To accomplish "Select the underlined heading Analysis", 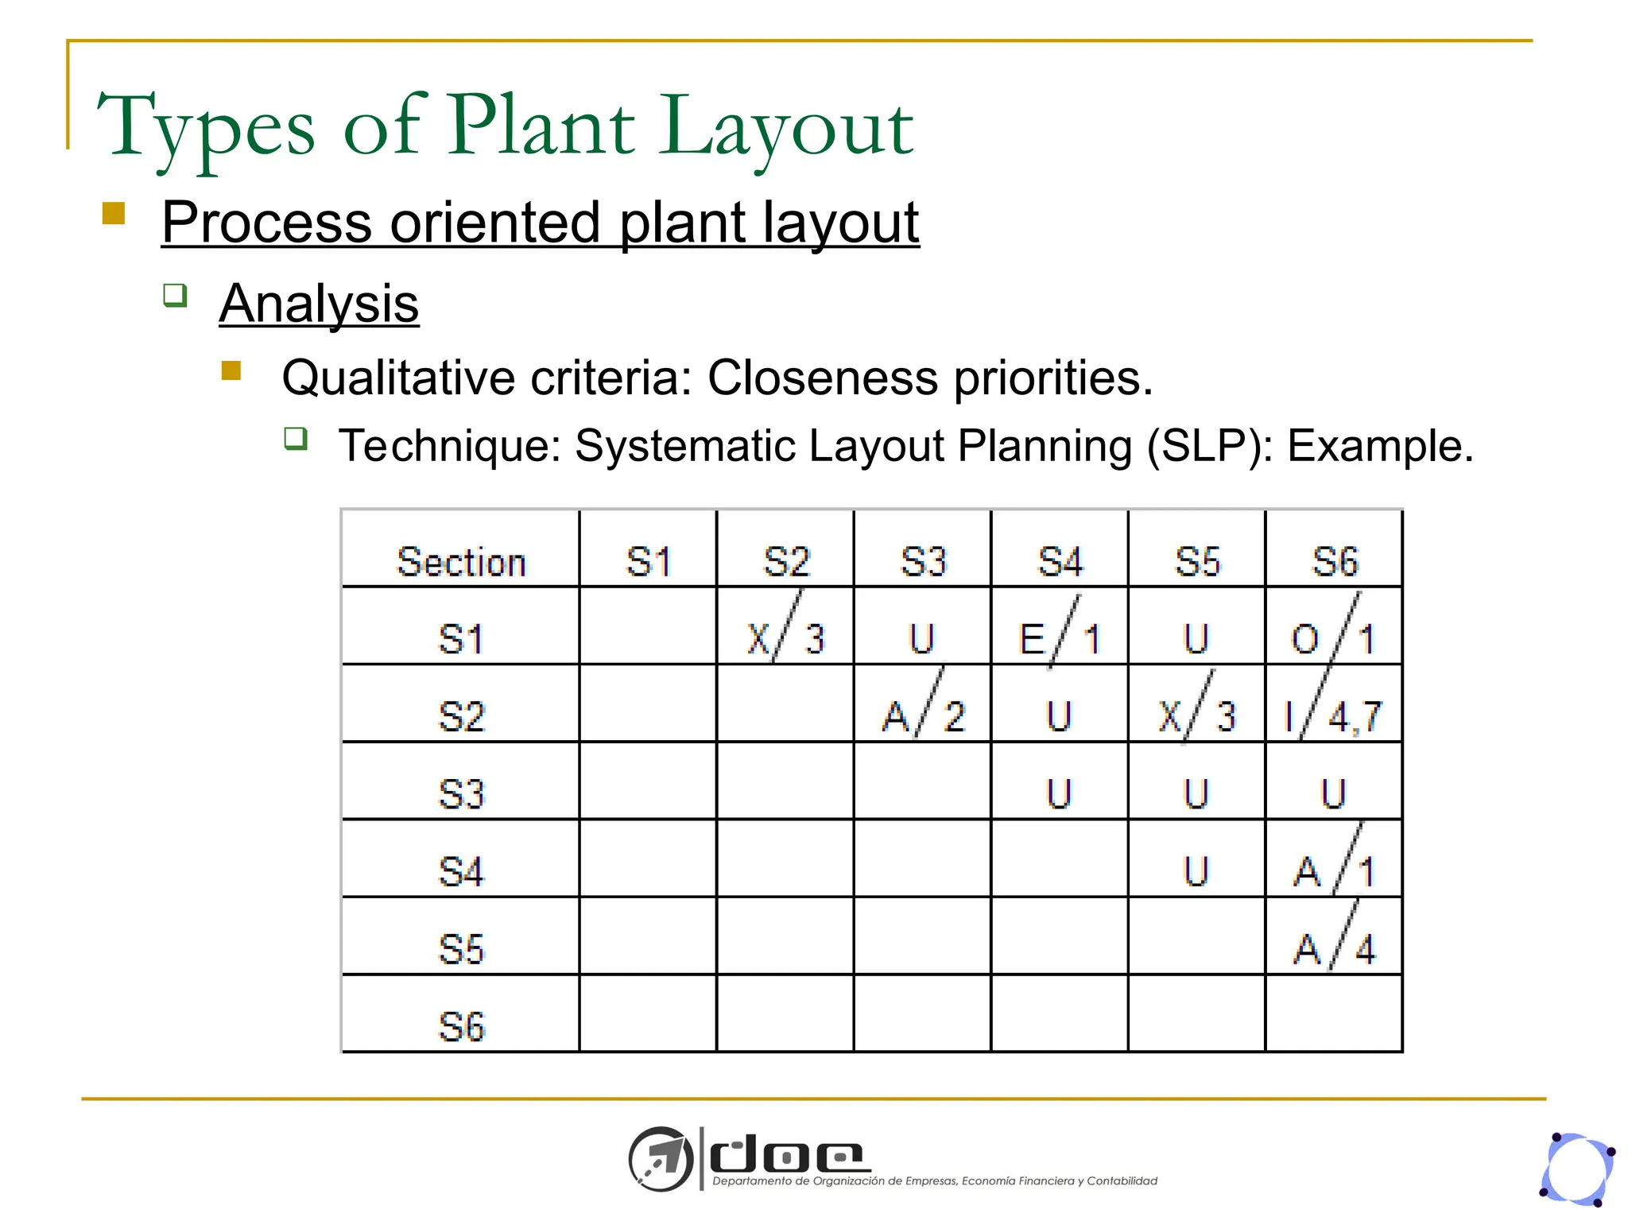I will pyautogui.click(x=319, y=304).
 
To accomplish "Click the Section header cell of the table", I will pyautogui.click(x=461, y=562).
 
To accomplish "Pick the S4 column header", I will pyautogui.click(x=1060, y=562).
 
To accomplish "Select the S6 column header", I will pyautogui.click(x=1335, y=562).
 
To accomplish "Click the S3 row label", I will pyautogui.click(x=461, y=794).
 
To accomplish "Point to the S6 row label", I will pyautogui.click(x=461, y=1026).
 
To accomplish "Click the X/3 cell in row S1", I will pyautogui.click(x=785, y=638).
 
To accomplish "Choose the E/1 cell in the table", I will pyautogui.click(x=1060, y=638).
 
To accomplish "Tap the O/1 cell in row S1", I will pyautogui.click(x=1333, y=638).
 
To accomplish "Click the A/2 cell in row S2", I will pyautogui.click(x=923, y=715).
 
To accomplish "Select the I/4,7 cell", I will pyautogui.click(x=1333, y=715).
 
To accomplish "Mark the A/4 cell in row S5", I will pyautogui.click(x=1333, y=948).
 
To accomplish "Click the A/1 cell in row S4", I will pyautogui.click(x=1333, y=871).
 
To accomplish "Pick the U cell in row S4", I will pyautogui.click(x=1196, y=871).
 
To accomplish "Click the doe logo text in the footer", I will pyautogui.click(x=787, y=1157).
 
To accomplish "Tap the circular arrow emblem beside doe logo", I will pyautogui.click(x=661, y=1159).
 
